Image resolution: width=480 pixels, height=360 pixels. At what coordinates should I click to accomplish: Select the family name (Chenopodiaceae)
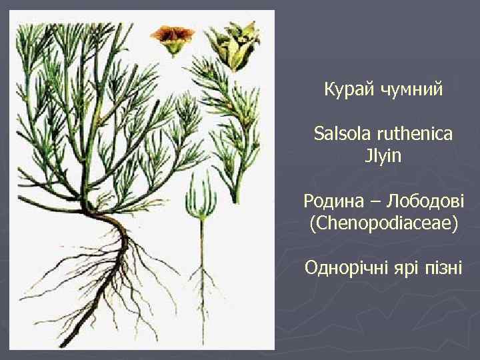click(383, 223)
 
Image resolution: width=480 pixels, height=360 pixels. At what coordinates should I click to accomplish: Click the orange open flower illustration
click(171, 37)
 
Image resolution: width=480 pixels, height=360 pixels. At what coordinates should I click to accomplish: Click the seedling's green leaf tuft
click(200, 193)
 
